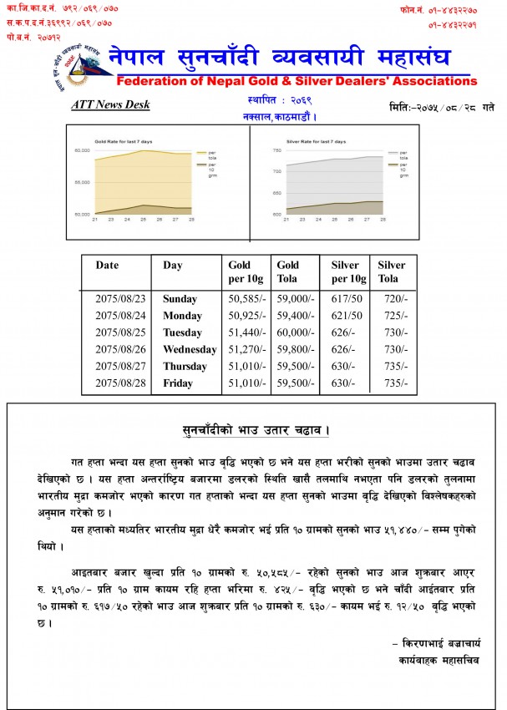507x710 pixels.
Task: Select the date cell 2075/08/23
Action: [119, 299]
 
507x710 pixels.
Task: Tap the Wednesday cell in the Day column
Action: [190, 349]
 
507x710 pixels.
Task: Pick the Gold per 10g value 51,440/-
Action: [246, 332]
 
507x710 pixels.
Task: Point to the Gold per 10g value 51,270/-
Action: [246, 349]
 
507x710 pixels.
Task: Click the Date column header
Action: [108, 266]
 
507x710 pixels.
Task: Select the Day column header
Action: [173, 266]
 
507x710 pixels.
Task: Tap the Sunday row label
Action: [180, 299]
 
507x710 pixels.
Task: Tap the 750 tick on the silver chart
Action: [276, 150]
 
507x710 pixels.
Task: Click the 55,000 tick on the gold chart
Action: [81, 182]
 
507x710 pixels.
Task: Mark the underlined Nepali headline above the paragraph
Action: [256, 431]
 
